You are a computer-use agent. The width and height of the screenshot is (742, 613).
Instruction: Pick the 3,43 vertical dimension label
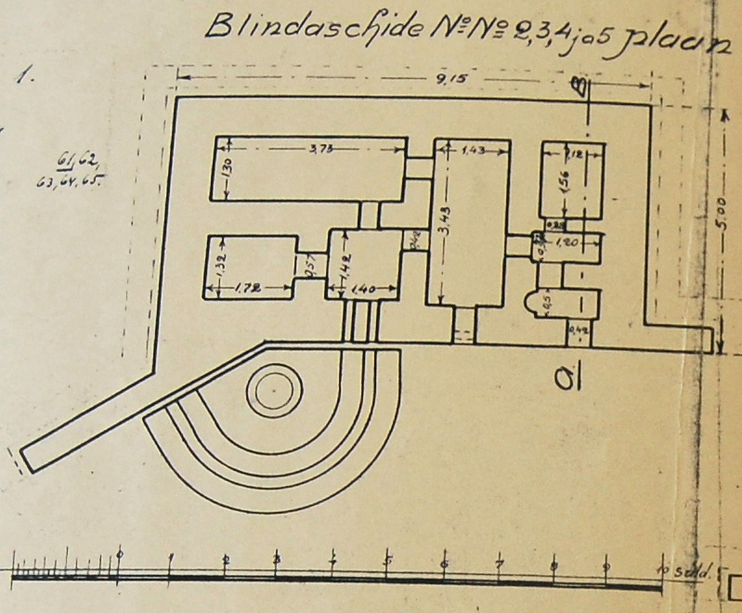[443, 221]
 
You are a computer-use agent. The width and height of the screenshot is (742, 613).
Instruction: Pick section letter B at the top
[581, 88]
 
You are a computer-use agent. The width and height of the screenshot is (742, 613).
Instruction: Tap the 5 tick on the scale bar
[388, 560]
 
